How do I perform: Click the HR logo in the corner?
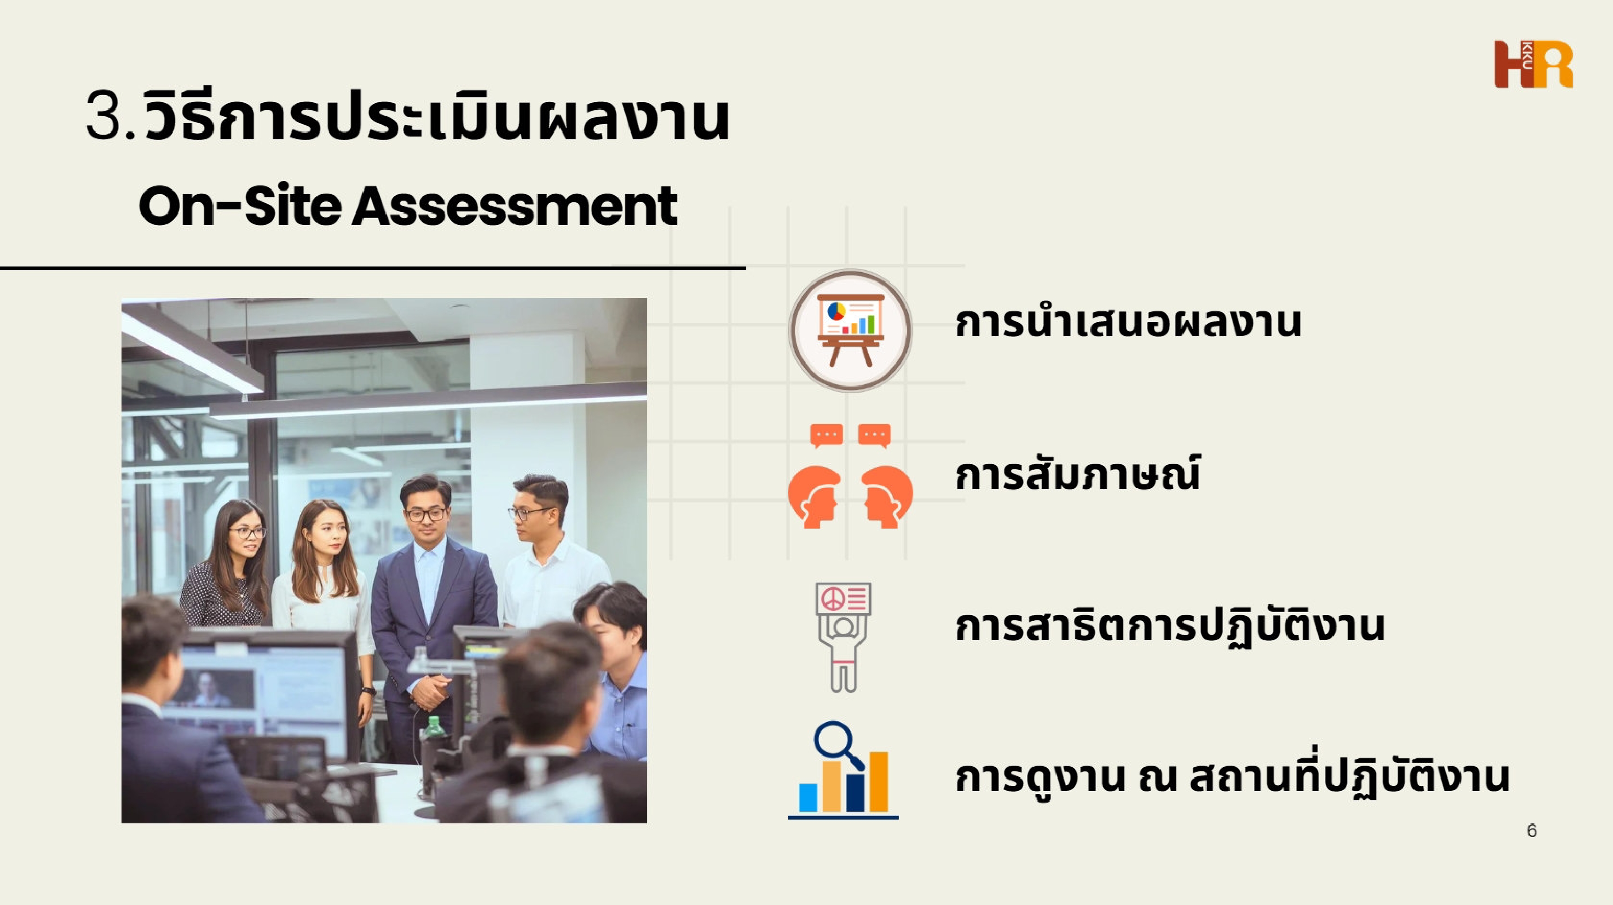[1534, 65]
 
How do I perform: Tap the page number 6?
[1532, 831]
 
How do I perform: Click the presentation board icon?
[850, 330]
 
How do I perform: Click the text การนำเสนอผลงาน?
[1128, 323]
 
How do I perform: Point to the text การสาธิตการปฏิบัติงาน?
[1169, 626]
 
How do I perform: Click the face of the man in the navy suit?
[425, 512]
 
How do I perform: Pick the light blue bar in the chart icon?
[808, 797]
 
